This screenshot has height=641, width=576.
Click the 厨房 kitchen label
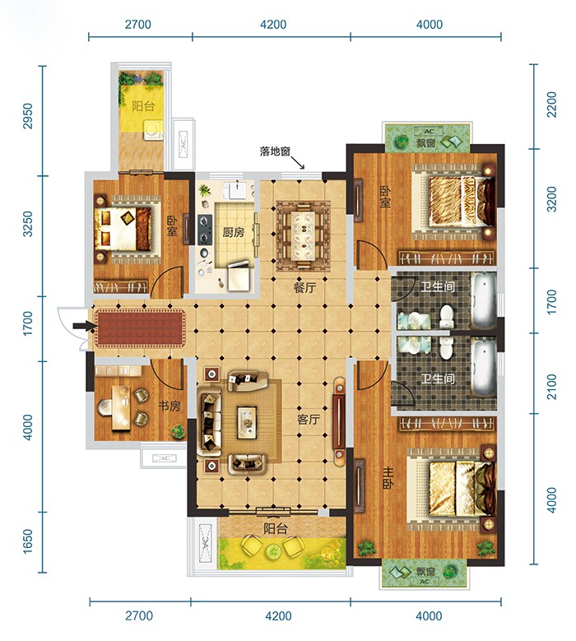233,232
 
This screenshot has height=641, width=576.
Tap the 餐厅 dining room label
304,288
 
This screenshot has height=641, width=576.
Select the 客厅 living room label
309,420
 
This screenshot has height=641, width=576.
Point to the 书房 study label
170,406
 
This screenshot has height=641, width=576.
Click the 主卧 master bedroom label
388,479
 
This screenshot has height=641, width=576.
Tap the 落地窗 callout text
275,151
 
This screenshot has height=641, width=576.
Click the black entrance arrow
84,326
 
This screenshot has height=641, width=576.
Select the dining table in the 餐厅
303,235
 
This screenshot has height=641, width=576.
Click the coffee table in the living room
247,422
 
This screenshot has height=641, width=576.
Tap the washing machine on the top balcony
153,130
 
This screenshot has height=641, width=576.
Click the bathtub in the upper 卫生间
484,300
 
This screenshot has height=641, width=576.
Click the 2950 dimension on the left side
27,116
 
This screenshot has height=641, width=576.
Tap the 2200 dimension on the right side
551,105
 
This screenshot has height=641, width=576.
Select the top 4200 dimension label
273,24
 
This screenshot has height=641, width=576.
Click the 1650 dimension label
27,541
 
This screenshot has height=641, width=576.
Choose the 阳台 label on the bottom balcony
275,529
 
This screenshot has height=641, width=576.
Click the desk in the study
122,407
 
